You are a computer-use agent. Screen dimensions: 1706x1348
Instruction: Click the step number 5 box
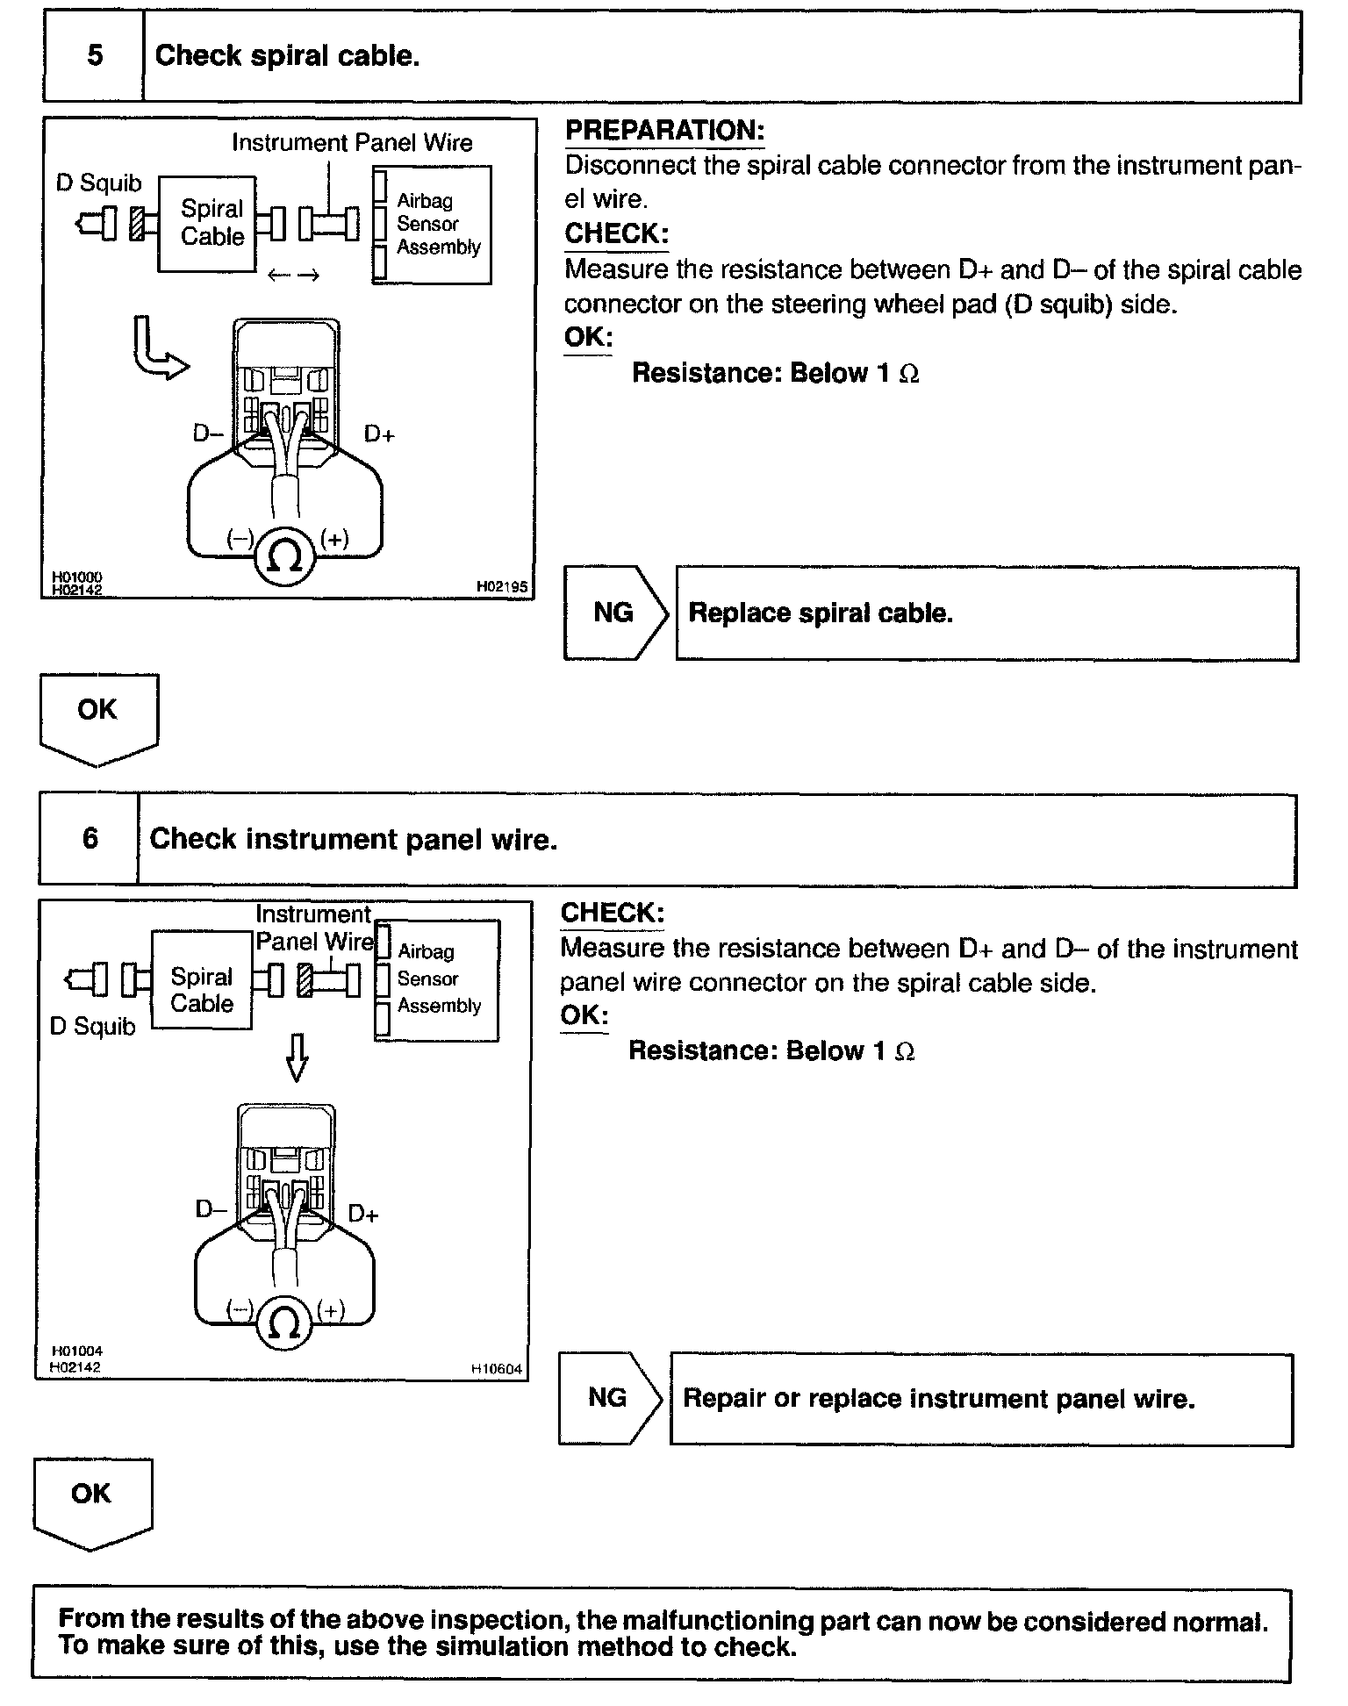(94, 56)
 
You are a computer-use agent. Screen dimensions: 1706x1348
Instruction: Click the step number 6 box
(90, 839)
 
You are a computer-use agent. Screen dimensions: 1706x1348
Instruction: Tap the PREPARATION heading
(664, 131)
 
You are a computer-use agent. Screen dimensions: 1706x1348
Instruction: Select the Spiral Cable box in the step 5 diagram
(208, 224)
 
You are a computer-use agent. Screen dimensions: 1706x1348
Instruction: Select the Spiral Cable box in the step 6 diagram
(201, 979)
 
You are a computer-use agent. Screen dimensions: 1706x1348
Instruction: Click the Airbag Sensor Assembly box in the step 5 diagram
(432, 225)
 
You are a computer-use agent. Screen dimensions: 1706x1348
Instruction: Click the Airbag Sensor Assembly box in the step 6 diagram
(437, 979)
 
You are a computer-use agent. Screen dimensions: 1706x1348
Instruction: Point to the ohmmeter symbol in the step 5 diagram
(284, 556)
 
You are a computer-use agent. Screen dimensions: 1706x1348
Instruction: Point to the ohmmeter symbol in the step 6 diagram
(285, 1324)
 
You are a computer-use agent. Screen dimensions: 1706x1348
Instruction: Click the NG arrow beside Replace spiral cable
(615, 613)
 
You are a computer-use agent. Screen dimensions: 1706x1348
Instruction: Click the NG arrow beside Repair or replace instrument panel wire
(610, 1397)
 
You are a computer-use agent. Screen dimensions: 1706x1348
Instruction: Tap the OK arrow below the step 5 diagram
(98, 715)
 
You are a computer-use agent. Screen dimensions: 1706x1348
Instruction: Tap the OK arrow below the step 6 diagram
(92, 1500)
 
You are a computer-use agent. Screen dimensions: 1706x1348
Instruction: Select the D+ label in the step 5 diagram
(379, 434)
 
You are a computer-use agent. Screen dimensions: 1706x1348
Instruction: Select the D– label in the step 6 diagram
(209, 1210)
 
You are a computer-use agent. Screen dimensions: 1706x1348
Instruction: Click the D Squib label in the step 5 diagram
(98, 183)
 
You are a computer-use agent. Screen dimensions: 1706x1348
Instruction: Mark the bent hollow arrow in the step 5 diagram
(158, 351)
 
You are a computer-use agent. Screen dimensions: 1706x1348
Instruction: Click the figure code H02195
(502, 586)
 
